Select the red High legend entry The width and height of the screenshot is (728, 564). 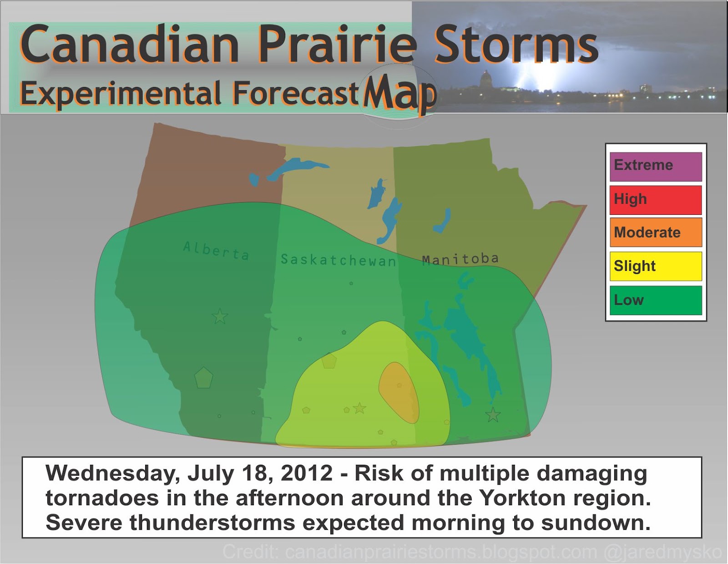[x=655, y=200]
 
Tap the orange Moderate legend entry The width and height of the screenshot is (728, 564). [x=655, y=233]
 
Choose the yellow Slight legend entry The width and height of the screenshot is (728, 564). [x=655, y=266]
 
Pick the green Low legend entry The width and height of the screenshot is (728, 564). [x=655, y=300]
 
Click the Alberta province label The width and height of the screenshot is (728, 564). [x=217, y=251]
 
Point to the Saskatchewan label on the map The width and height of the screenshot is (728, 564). [x=338, y=260]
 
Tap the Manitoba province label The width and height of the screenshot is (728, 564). [x=460, y=259]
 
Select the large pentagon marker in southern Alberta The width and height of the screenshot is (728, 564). [x=203, y=378]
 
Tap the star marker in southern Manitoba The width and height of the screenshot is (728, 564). [x=493, y=415]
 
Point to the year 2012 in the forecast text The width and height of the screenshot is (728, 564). [x=307, y=473]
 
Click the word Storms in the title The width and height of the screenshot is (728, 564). [x=516, y=45]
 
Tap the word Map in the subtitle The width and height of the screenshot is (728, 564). [x=399, y=93]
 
